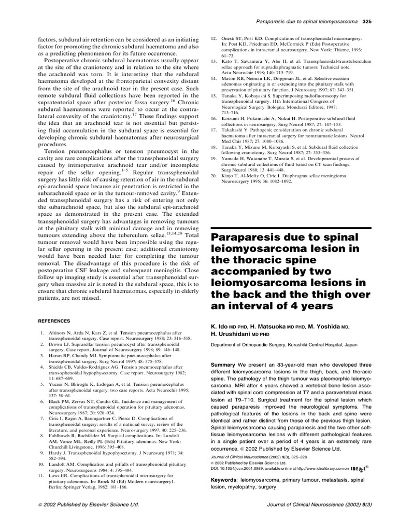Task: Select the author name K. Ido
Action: click(220, 328)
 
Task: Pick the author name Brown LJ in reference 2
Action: click(58, 344)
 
